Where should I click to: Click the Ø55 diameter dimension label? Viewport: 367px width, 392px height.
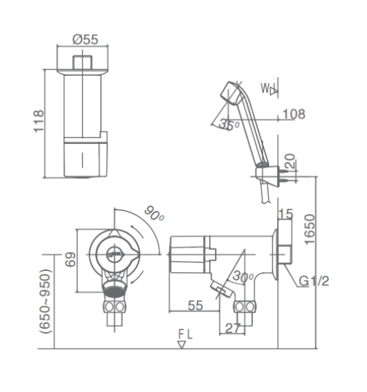86,39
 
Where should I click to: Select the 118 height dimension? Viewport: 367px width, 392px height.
39,121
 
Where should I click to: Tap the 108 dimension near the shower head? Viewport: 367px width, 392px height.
294,114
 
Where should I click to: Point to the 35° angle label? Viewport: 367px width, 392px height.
229,125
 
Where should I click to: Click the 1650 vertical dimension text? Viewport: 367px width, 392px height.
309,229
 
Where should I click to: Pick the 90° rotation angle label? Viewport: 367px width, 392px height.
154,214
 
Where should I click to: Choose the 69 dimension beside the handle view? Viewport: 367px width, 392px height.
70,259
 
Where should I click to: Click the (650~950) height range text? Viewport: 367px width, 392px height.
45,301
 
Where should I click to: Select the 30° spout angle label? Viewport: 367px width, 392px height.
243,276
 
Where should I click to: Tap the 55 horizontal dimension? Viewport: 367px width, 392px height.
195,305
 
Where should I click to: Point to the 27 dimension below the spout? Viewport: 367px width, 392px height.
232,328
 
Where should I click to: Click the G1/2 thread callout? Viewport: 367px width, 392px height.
314,281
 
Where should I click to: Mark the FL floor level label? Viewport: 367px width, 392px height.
185,334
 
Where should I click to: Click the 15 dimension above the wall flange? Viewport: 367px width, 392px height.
286,214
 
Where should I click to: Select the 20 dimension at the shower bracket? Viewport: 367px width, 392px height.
290,161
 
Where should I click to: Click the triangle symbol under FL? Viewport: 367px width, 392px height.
181,345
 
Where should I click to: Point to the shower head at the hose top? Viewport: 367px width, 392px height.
232,93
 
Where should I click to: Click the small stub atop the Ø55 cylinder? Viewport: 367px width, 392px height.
83,62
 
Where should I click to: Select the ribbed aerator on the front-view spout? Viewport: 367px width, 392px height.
115,290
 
